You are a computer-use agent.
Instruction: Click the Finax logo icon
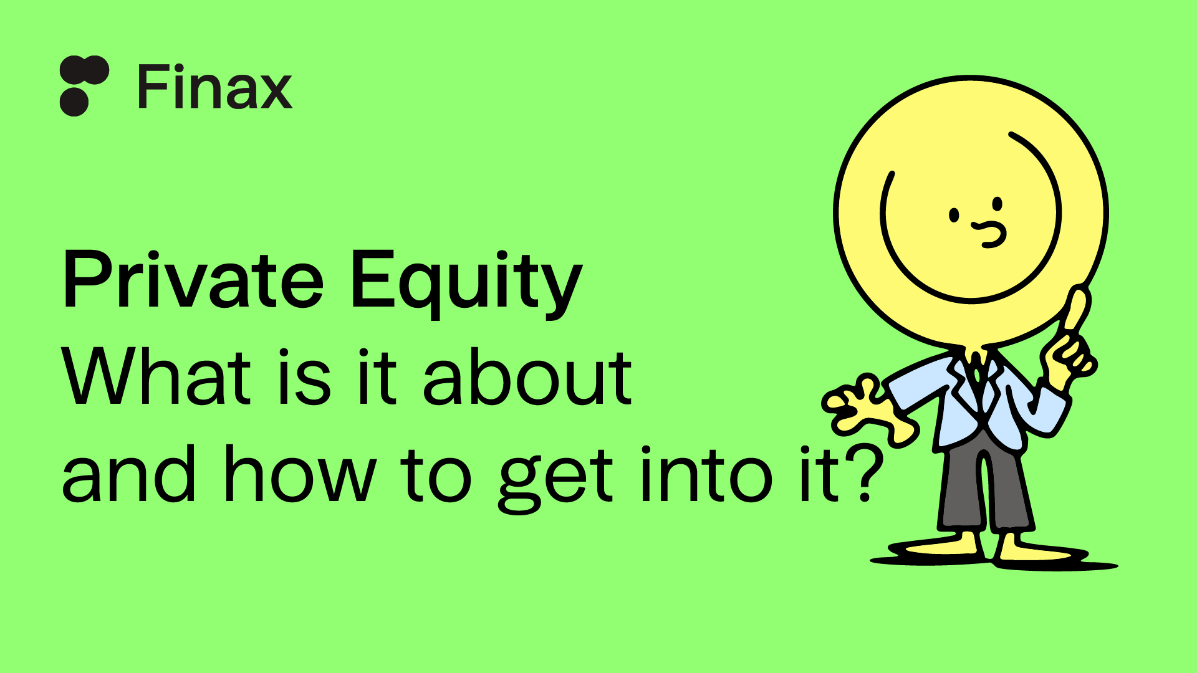(x=84, y=86)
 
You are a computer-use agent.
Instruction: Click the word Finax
(x=214, y=88)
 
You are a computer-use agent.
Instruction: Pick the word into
(x=707, y=474)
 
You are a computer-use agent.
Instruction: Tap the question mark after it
(x=865, y=473)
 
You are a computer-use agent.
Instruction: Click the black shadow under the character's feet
(x=994, y=558)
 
